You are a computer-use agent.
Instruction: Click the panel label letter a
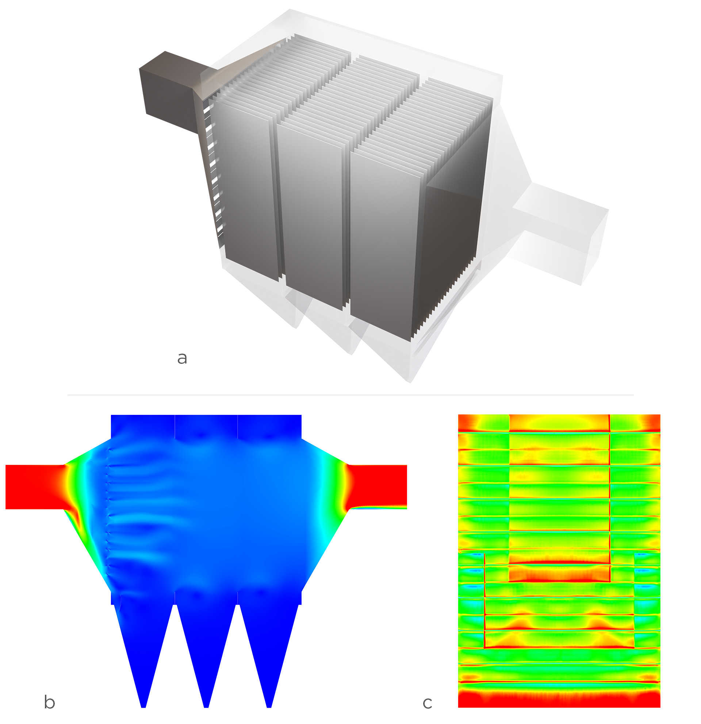coord(182,358)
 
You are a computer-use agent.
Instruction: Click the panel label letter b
coord(49,702)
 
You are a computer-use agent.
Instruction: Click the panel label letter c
coord(427,703)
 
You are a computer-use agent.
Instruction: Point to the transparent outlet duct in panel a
coord(558,233)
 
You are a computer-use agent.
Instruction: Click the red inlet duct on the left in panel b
coord(33,486)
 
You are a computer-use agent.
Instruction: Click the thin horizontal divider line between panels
coord(350,395)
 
